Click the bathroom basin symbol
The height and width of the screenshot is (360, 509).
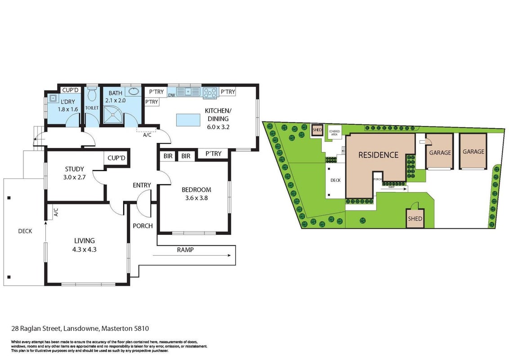pos(134,91)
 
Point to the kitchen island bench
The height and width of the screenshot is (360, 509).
pos(188,120)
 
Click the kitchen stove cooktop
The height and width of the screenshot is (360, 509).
pos(210,93)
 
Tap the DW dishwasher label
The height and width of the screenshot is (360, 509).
pos(172,95)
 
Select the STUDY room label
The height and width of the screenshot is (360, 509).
pos(75,169)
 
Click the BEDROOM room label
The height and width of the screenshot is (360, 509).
pos(196,190)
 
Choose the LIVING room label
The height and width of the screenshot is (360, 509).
pos(85,241)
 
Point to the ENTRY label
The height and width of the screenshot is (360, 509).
pos(142,185)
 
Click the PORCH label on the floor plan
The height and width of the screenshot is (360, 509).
pos(143,226)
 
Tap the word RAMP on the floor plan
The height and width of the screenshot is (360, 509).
pos(185,250)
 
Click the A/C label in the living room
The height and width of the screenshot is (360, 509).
pos(55,212)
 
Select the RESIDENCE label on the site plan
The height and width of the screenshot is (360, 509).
pos(378,155)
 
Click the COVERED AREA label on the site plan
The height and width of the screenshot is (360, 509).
pos(335,133)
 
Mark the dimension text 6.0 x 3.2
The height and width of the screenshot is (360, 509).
pos(218,127)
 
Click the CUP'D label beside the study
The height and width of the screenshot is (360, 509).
pos(116,158)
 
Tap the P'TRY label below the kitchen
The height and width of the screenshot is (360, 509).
pos(213,154)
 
